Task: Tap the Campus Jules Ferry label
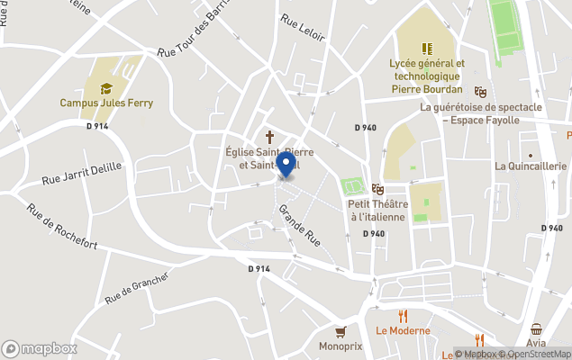[106, 103]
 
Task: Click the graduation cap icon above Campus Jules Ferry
[106, 88]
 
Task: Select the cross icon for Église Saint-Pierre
[268, 137]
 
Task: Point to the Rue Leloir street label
[301, 28]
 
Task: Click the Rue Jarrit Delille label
[81, 174]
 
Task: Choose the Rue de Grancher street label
[136, 287]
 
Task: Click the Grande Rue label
[300, 225]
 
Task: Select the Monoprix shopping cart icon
[340, 331]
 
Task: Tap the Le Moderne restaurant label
[404, 330]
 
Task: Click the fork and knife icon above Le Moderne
[404, 316]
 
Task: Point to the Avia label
[537, 344]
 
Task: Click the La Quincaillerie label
[530, 166]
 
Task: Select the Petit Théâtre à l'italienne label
[377, 210]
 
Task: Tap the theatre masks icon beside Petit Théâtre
[377, 189]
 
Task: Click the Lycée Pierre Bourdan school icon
[426, 49]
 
